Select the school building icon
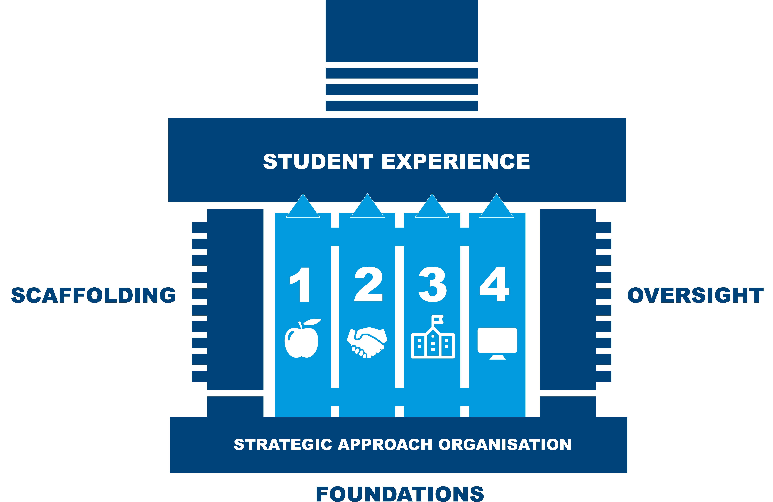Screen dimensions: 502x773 click(x=433, y=341)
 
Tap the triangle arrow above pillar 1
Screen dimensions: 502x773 click(x=303, y=208)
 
